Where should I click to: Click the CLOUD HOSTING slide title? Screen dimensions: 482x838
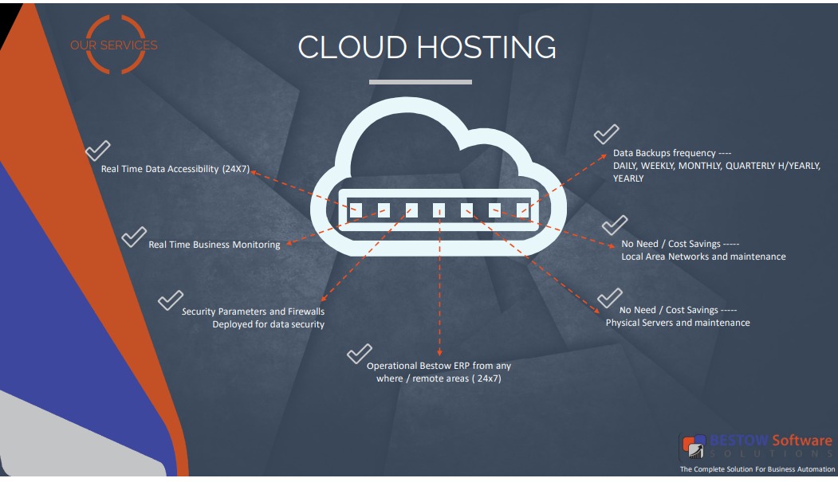tap(427, 47)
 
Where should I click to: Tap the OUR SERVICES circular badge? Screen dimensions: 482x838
tap(114, 45)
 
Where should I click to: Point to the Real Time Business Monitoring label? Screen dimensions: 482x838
tap(214, 245)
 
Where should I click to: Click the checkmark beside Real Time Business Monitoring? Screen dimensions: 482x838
tap(133, 237)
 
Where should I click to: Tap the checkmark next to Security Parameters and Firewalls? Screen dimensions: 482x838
tap(170, 300)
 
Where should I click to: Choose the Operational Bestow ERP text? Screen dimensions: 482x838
tap(439, 372)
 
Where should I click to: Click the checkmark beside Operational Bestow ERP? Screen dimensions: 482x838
tap(360, 353)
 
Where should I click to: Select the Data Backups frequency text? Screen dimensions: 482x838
tap(672, 153)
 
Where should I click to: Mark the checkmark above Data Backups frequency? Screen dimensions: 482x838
tap(607, 133)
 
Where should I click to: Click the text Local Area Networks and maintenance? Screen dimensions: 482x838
tap(703, 257)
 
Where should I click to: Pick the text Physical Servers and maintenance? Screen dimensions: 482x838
tap(678, 323)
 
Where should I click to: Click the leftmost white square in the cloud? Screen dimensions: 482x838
tap(356, 210)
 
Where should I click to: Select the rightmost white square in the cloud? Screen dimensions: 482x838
tap(523, 210)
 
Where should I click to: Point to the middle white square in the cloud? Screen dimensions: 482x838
tap(439, 210)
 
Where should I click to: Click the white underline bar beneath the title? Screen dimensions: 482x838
tap(420, 81)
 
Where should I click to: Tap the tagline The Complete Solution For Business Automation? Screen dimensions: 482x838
tap(755, 469)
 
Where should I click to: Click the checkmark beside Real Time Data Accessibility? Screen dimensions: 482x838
tap(97, 150)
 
